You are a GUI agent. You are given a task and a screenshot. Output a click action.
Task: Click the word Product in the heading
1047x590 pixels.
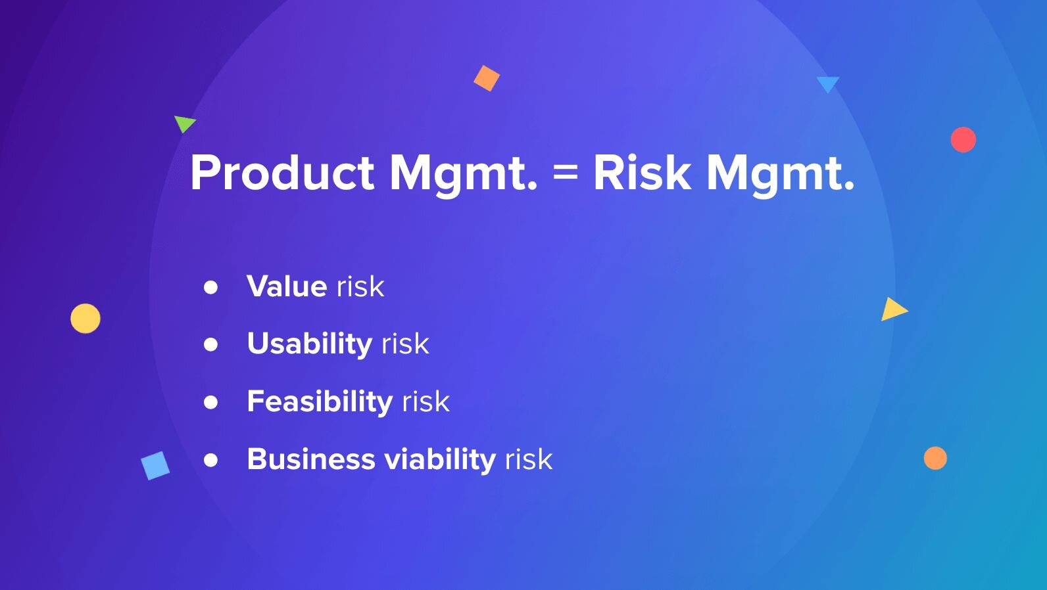pyautogui.click(x=282, y=173)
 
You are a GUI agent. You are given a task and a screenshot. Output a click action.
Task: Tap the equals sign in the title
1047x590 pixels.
pyautogui.click(x=565, y=173)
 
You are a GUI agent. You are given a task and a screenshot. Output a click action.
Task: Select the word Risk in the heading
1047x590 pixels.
pyautogui.click(x=642, y=173)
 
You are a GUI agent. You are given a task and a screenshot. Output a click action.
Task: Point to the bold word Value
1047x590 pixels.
pyautogui.click(x=287, y=286)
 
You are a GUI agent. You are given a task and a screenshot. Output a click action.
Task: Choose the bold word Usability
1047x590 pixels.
pyautogui.click(x=310, y=344)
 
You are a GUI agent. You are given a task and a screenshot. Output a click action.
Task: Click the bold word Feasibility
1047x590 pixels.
pyautogui.click(x=320, y=401)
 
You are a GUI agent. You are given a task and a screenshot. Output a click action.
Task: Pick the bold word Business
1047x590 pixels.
pyautogui.click(x=310, y=459)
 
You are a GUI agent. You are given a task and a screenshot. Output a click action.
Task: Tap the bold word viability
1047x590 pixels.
pyautogui.click(x=440, y=459)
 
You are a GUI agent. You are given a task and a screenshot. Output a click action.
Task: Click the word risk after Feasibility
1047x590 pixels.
pyautogui.click(x=426, y=401)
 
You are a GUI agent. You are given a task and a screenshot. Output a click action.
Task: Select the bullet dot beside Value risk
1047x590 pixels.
pyautogui.click(x=210, y=287)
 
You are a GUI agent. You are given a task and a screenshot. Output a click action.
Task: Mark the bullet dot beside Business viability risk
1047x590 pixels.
pyautogui.click(x=210, y=460)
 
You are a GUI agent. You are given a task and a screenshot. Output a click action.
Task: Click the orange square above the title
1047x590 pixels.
pyautogui.click(x=487, y=78)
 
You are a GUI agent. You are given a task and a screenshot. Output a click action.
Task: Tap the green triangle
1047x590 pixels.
pyautogui.click(x=183, y=123)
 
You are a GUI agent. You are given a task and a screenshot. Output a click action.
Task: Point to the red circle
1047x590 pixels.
pyautogui.click(x=963, y=139)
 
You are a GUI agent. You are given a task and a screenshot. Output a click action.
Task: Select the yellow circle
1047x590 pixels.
pyautogui.click(x=85, y=319)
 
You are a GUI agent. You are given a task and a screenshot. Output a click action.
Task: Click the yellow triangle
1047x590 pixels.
pyautogui.click(x=892, y=309)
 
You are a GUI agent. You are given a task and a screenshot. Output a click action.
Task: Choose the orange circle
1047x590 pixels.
pyautogui.click(x=935, y=458)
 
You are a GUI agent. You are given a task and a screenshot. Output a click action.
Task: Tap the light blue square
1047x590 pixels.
pyautogui.click(x=155, y=466)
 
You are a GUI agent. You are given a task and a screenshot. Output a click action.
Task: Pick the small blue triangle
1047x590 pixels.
pyautogui.click(x=827, y=83)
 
